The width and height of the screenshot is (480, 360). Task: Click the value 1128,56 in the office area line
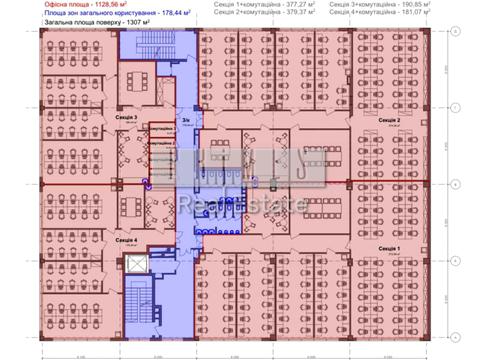click(x=92, y=5)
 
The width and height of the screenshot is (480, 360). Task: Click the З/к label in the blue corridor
click(x=187, y=120)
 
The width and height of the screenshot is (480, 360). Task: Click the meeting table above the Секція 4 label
click(x=132, y=212)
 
